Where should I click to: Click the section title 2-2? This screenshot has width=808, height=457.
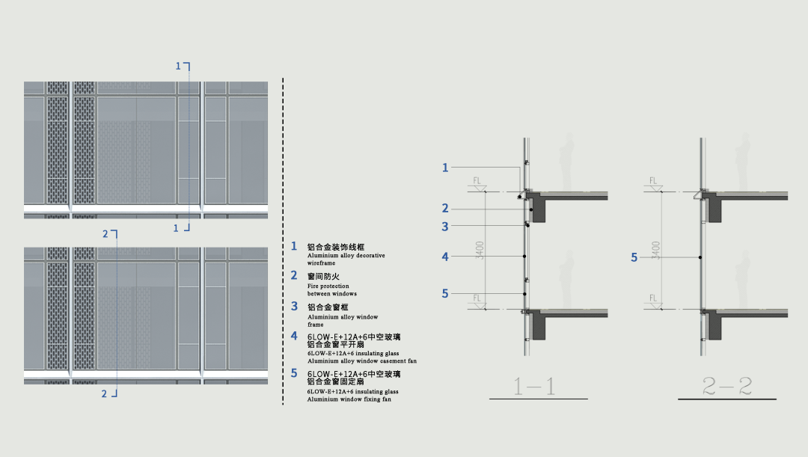point(727,386)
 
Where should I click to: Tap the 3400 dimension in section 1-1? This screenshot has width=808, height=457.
point(480,249)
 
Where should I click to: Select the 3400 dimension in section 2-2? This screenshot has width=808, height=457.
point(656,249)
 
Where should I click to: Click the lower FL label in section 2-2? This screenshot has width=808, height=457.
point(653,298)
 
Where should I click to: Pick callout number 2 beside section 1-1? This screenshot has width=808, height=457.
point(445,209)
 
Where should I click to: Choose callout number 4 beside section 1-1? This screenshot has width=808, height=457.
point(445,257)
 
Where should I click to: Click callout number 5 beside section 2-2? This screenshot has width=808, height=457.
point(634,257)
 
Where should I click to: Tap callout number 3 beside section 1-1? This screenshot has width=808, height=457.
point(445,227)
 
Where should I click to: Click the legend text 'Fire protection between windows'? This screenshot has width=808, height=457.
point(332,289)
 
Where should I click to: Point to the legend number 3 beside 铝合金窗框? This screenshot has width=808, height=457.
point(294,306)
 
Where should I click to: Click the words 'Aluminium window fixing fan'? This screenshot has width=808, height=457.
point(349,399)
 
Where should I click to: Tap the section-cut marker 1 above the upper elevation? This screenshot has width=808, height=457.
point(178,67)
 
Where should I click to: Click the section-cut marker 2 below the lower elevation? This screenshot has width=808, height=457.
point(105,394)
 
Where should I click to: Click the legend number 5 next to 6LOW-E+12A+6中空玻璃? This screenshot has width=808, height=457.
point(294,372)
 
